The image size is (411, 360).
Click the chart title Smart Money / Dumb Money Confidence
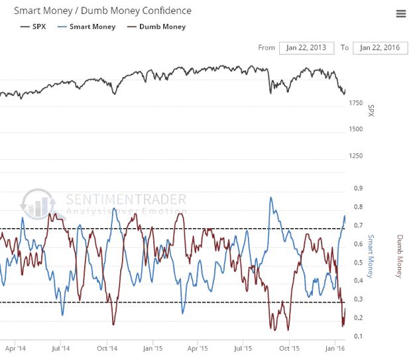[97, 11]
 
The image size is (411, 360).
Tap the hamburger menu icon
[400, 14]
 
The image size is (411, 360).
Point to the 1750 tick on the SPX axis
[357, 103]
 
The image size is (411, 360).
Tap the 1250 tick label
[357, 156]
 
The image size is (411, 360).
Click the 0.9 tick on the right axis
[357, 188]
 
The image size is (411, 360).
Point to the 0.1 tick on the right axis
[357, 336]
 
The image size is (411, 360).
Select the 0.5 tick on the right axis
[357, 263]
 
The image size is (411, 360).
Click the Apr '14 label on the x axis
[16, 347]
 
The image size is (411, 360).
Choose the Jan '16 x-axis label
[336, 347]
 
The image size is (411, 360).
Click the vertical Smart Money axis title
[371, 256]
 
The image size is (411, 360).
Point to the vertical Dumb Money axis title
[400, 256]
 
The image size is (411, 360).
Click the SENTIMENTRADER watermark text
[126, 199]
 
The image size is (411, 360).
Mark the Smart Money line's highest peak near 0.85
[270, 198]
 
